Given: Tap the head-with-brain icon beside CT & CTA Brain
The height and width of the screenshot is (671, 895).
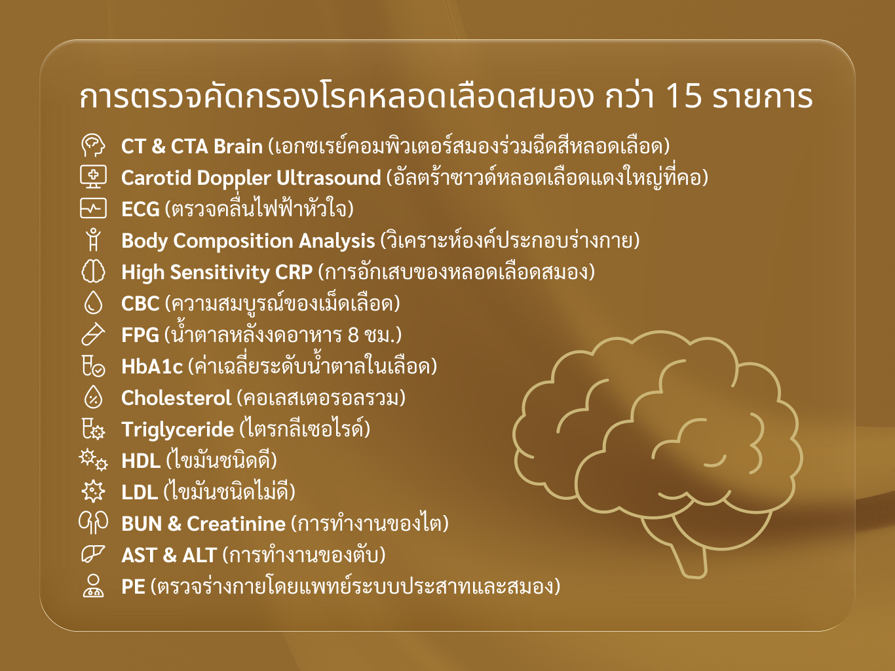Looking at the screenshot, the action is pyautogui.click(x=93, y=146).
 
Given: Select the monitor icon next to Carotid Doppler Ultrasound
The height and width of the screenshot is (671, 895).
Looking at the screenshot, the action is pyautogui.click(x=94, y=177).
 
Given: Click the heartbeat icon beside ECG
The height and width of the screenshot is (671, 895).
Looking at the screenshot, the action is pyautogui.click(x=94, y=208).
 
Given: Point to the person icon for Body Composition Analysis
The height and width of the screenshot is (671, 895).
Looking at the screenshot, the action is pyautogui.click(x=94, y=239).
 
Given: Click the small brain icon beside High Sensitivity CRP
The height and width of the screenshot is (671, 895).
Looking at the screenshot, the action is pyautogui.click(x=94, y=271).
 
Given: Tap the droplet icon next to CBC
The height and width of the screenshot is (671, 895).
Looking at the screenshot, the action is pyautogui.click(x=94, y=303).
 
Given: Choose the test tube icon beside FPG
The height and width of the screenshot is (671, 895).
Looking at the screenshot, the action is pyautogui.click(x=93, y=334).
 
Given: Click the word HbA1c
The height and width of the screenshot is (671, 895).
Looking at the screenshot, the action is pyautogui.click(x=152, y=366).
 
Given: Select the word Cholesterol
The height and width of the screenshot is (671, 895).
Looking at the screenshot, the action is pyautogui.click(x=176, y=398).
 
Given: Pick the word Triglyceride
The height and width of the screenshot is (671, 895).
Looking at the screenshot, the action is pyautogui.click(x=178, y=430).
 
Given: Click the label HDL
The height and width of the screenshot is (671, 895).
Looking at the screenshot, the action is pyautogui.click(x=141, y=461).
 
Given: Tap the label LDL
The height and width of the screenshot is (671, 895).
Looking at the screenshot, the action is pyautogui.click(x=140, y=492).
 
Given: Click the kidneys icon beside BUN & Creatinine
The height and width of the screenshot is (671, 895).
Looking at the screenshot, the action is pyautogui.click(x=94, y=523).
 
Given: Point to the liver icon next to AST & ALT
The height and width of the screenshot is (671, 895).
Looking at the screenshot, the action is pyautogui.click(x=93, y=554).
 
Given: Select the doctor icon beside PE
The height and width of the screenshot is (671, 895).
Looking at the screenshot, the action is pyautogui.click(x=94, y=586).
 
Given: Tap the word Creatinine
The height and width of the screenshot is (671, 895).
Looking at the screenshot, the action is pyautogui.click(x=236, y=524).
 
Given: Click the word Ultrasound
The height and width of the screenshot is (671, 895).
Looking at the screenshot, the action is pyautogui.click(x=329, y=178).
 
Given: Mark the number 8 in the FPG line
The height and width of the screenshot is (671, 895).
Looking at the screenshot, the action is pyautogui.click(x=353, y=335).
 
